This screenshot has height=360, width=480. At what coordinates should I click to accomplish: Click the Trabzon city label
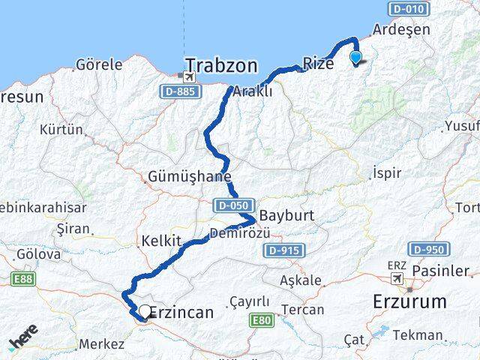[221, 65]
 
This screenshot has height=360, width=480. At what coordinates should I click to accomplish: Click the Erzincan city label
[182, 312]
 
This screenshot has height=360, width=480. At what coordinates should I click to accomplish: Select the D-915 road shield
[282, 250]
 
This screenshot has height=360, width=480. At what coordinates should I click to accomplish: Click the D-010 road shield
[407, 9]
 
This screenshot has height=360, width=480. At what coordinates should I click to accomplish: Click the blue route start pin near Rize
[355, 57]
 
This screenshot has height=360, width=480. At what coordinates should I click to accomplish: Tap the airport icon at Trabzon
[188, 77]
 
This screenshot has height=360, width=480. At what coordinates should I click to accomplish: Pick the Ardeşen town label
[401, 30]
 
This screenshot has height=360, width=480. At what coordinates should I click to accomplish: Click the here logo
[22, 341]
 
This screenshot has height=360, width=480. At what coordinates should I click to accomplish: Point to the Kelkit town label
[161, 241]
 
